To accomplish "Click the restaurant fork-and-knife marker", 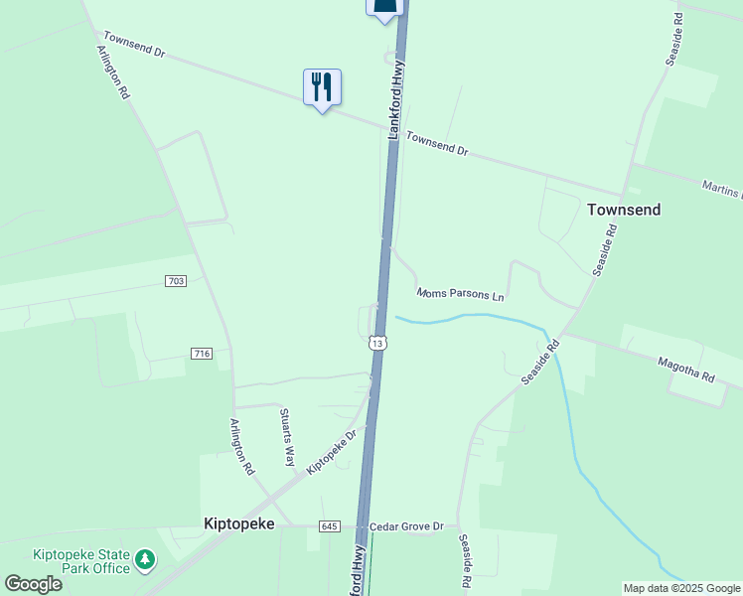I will pos(322,87).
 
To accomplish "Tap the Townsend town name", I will pos(624,210).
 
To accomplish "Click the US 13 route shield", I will pos(377,343).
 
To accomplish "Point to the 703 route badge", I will pos(176,282).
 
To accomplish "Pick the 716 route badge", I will pos(202,355).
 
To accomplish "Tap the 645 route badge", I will pos(331,525).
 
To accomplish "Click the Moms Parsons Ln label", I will pos(461,294).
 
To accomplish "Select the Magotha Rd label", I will pos(685,372).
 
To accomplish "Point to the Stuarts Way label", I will pos(287,437).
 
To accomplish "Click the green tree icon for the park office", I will pos(146,560).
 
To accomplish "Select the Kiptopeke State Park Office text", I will pos(81,561).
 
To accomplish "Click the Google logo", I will pos(33,583).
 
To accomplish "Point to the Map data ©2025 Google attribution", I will pos(681,588).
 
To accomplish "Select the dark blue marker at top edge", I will pos(386,7).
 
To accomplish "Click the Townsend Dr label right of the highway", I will pos(437,145).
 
